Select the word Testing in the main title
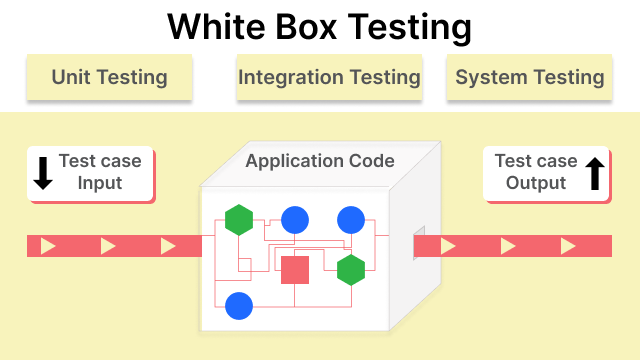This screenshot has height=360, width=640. pos(413,28)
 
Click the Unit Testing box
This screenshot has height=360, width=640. pos(109,77)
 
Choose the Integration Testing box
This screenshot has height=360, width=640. pos(329,77)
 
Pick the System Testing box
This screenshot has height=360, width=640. pos(530,77)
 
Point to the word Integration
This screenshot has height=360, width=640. pos(289,77)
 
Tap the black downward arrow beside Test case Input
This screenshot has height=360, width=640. pos(43,172)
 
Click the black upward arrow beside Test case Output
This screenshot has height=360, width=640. pos(594,172)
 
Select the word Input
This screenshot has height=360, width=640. pos(100,183)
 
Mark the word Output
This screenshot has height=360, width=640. pos(536,183)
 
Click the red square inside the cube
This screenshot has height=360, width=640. pos(295,269)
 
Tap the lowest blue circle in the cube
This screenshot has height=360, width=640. pos(239,306)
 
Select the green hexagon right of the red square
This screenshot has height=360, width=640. pos(351,269)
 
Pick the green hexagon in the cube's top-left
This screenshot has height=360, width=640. pos(239,219)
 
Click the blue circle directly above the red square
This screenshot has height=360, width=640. pos(295,219)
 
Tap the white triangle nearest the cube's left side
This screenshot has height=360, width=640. pos(168,246)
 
